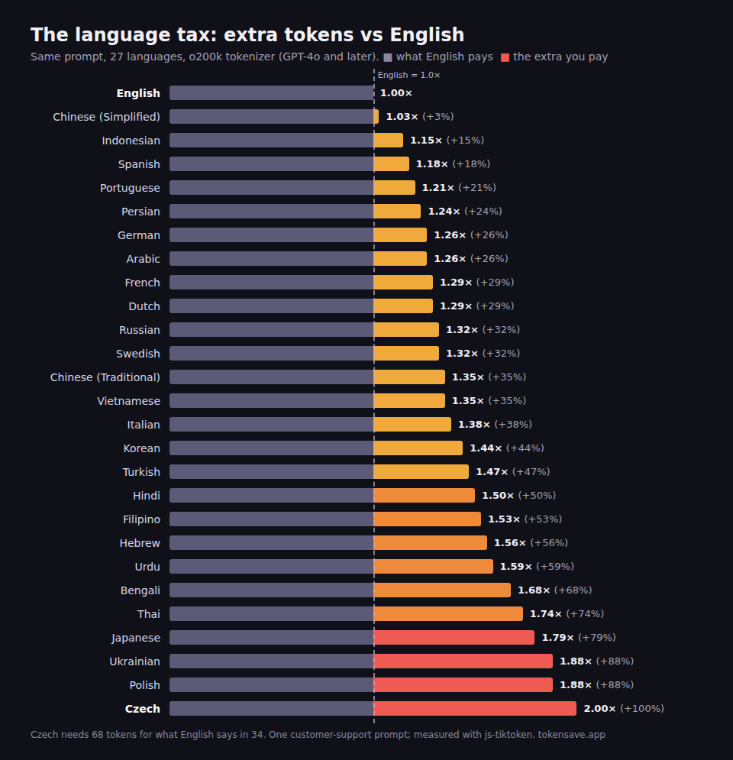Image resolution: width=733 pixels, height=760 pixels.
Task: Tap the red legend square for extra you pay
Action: tap(505, 57)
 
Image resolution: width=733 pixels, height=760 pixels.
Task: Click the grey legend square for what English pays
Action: tap(388, 57)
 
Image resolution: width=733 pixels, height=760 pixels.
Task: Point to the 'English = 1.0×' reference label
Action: tap(409, 75)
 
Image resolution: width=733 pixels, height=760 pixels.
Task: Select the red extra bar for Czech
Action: tap(475, 708)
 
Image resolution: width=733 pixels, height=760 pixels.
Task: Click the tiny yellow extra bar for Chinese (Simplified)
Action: tap(376, 116)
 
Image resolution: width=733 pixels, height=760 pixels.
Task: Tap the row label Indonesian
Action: tap(131, 141)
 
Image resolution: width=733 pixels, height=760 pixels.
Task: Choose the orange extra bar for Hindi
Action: tap(425, 496)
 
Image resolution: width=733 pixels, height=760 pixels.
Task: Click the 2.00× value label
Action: tap(599, 709)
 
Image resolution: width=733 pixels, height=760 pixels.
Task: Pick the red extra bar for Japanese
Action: tap(454, 637)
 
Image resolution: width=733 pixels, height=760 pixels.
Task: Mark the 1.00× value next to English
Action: tap(396, 93)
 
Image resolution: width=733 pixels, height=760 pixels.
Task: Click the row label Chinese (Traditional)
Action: tap(105, 377)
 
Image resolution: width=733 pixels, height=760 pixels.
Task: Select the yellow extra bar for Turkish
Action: tap(421, 471)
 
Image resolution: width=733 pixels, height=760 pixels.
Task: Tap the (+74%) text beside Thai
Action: tap(585, 613)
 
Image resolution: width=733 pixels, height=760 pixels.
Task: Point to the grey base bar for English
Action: tap(272, 92)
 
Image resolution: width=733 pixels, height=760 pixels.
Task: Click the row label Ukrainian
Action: tap(134, 661)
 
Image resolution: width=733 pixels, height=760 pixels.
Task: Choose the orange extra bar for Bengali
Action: tap(442, 590)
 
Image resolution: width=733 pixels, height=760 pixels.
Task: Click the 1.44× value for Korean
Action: tap(486, 448)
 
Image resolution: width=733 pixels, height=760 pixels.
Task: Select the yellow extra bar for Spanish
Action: tap(392, 163)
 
